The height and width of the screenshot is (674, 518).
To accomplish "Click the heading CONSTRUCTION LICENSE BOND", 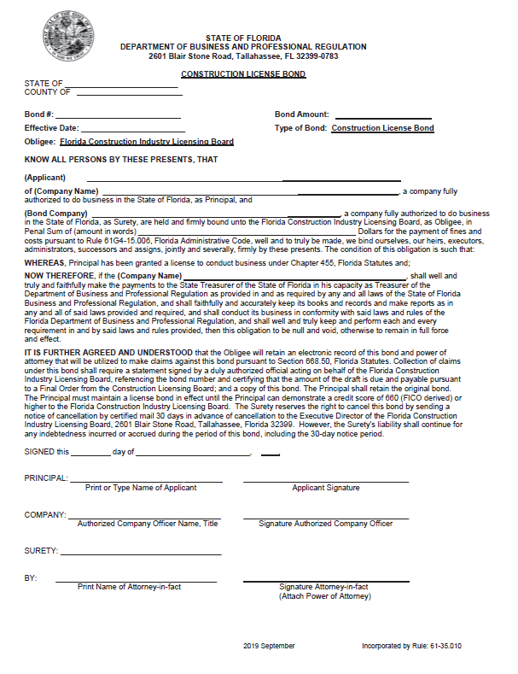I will (x=243, y=74).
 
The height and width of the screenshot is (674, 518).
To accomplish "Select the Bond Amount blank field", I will (x=382, y=116).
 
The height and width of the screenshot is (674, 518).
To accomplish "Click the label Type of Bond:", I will (x=300, y=128).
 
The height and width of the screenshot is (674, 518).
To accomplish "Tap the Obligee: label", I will (x=40, y=142).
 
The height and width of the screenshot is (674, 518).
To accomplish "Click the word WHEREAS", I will (x=44, y=263).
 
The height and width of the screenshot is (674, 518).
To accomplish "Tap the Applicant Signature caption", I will (x=325, y=488).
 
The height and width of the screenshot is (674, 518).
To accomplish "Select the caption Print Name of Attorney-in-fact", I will (x=129, y=587).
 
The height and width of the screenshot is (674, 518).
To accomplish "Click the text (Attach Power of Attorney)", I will (x=325, y=595).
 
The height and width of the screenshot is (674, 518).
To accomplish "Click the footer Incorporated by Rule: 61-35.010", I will (x=412, y=647).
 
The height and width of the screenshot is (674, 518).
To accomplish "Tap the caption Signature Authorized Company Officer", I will (x=325, y=523).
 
